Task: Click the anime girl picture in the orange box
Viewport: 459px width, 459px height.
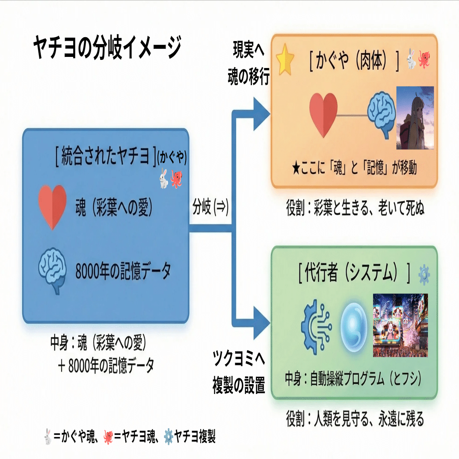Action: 415,118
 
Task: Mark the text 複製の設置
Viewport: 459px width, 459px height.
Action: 239,386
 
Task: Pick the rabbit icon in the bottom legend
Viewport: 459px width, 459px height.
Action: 48,437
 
